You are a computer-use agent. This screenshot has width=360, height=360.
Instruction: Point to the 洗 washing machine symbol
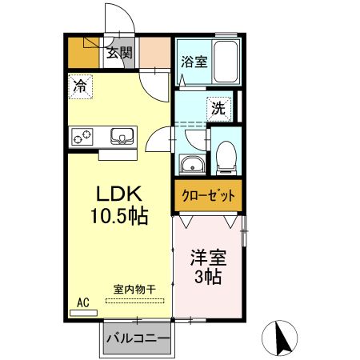coord(218,106)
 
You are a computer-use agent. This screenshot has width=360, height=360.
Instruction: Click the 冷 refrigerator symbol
coord(81,86)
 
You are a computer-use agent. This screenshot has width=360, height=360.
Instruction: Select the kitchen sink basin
coord(122,136)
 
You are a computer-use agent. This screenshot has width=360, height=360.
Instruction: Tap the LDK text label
coord(119,195)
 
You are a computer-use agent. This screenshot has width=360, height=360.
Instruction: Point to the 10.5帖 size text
coord(118,216)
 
